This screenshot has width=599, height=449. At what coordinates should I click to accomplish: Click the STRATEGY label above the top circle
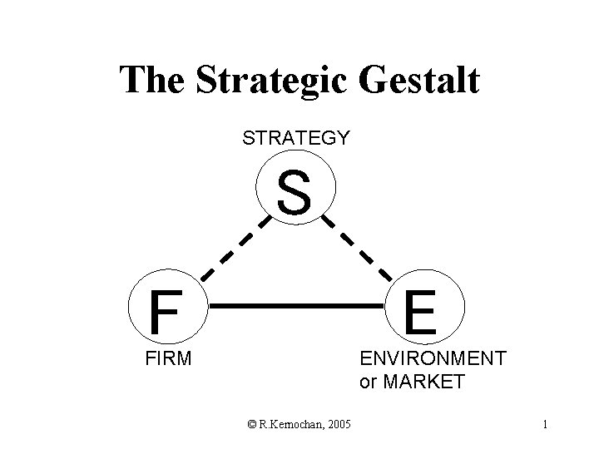point(295,138)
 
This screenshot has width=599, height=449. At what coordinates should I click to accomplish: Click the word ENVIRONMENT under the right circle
point(432,359)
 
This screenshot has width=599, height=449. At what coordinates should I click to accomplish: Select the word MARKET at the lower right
point(424,382)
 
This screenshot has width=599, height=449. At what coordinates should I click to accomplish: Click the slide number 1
point(544,426)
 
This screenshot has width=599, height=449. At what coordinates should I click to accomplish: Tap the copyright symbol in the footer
point(251,426)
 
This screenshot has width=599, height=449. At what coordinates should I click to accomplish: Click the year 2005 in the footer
point(336,426)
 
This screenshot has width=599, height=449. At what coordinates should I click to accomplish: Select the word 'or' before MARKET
point(368,383)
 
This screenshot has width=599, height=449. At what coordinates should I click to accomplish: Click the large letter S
point(295,191)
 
